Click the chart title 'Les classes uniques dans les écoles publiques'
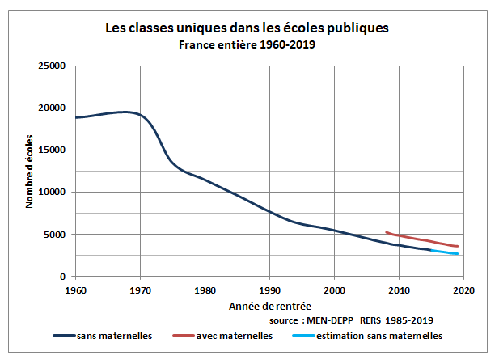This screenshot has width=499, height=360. [x=247, y=28]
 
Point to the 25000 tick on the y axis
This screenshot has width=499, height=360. [x=54, y=66]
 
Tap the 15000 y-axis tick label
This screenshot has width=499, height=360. [x=54, y=150]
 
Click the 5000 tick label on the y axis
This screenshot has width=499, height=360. [x=57, y=235]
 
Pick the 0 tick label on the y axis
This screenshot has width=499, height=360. [x=64, y=277]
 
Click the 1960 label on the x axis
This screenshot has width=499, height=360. [x=75, y=289]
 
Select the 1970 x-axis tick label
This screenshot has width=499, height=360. [x=140, y=289]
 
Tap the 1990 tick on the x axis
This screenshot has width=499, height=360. [x=269, y=289]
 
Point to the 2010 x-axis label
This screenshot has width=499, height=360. [x=399, y=289]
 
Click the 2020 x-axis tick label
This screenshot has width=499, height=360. [x=463, y=289]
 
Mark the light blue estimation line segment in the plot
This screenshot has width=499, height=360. [x=445, y=252]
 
